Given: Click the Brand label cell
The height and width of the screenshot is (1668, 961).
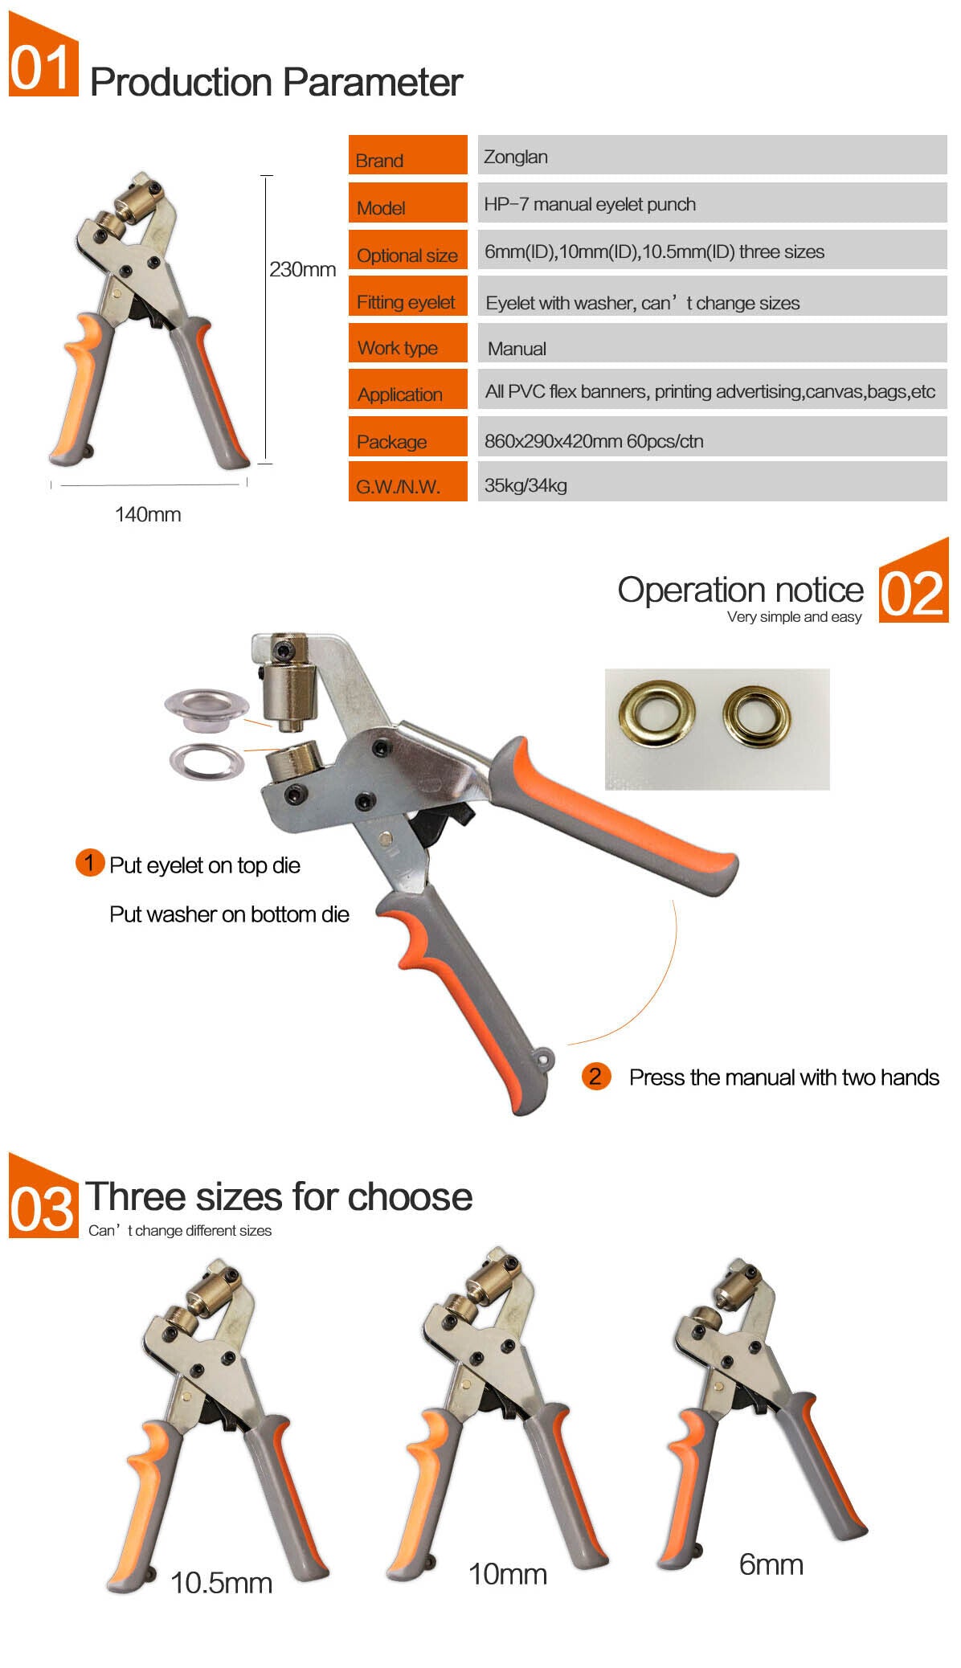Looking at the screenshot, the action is tap(407, 155).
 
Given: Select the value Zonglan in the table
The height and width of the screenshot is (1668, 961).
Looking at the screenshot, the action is tap(712, 155).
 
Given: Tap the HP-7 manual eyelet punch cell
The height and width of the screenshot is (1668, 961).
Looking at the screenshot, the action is tap(712, 202).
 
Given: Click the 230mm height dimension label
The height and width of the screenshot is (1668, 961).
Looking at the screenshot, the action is tap(302, 269).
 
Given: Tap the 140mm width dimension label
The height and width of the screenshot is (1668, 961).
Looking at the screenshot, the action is tap(148, 514).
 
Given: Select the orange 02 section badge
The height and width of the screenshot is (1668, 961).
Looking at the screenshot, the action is tap(914, 581).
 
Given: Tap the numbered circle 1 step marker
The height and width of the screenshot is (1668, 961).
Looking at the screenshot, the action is tap(90, 863).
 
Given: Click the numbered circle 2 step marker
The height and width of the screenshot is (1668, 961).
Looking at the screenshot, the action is tap(596, 1076).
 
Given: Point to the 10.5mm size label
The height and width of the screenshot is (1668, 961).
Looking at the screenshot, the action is tap(221, 1583).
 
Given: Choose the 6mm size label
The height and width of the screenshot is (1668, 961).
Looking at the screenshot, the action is tap(771, 1564).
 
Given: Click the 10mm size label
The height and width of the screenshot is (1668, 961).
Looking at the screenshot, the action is tap(508, 1574).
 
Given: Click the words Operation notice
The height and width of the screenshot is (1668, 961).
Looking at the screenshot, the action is tap(741, 590).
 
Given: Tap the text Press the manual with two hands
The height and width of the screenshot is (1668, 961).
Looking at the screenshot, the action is tap(784, 1077).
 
